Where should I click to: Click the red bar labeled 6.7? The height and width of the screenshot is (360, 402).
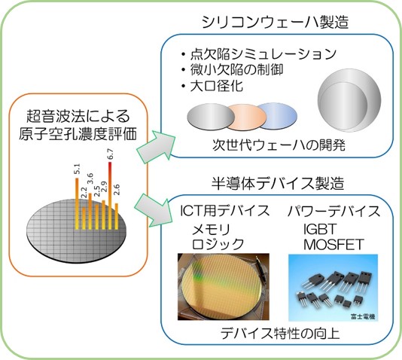(x=110, y=195)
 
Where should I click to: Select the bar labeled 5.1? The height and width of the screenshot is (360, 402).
(x=77, y=203)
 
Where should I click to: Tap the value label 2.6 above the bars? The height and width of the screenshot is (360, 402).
(x=117, y=190)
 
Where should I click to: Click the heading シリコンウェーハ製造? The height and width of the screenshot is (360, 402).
(x=275, y=22)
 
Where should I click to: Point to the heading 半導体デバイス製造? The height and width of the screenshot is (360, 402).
(x=277, y=183)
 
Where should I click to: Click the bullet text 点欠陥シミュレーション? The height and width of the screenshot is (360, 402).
(x=263, y=53)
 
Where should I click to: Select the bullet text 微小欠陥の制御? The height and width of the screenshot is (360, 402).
(x=236, y=70)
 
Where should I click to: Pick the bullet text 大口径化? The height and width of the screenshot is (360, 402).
(x=216, y=86)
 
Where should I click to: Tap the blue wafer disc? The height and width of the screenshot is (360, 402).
(x=279, y=115)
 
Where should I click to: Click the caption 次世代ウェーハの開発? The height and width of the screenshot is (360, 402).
(x=279, y=145)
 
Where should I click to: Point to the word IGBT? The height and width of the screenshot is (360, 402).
(x=319, y=229)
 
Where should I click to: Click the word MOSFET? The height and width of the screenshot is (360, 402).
(x=333, y=245)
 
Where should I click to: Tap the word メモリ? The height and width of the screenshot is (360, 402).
(x=212, y=229)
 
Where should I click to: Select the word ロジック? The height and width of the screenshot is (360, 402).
(x=218, y=244)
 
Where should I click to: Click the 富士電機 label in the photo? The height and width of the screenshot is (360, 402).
(x=363, y=316)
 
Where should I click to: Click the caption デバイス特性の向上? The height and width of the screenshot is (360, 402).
(x=280, y=334)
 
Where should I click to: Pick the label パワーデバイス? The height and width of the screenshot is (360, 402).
(x=333, y=211)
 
